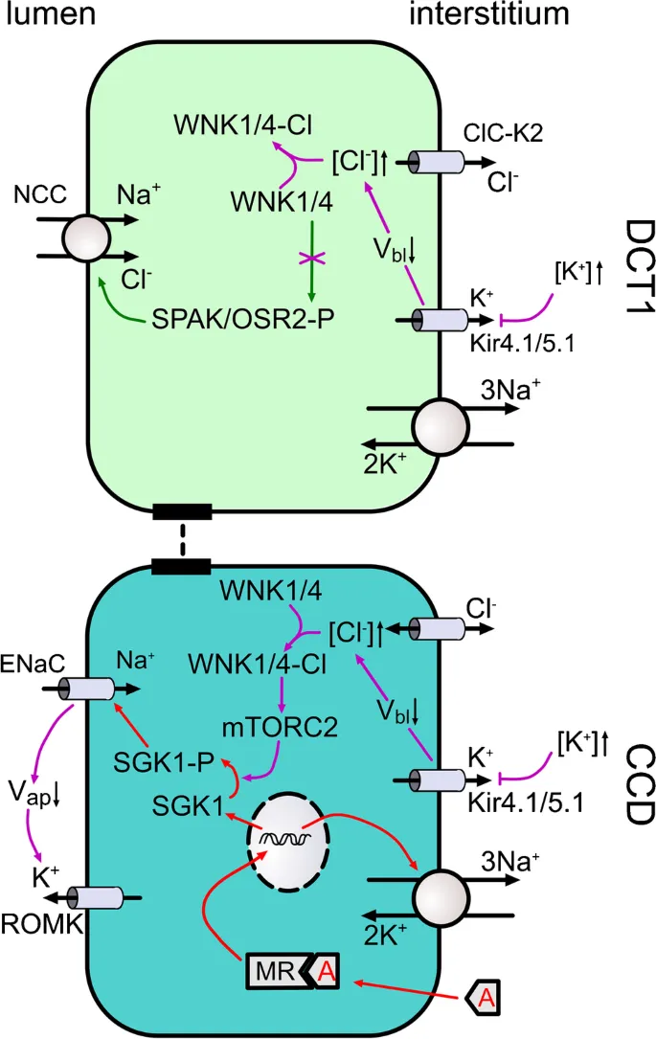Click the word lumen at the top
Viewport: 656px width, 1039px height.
(x=47, y=15)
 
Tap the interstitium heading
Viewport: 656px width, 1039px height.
(x=489, y=15)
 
